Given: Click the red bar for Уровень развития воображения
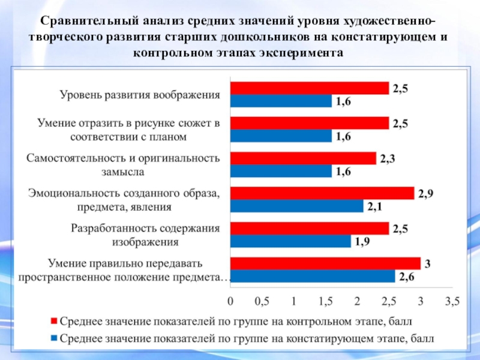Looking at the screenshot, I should pyautogui.click(x=310, y=88).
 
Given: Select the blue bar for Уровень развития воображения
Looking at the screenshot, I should pyautogui.click(x=281, y=101).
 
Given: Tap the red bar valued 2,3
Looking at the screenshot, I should pyautogui.click(x=303, y=158).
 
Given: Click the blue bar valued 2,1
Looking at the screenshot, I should pyautogui.click(x=297, y=206).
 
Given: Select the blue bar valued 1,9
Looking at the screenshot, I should pyautogui.click(x=290, y=241).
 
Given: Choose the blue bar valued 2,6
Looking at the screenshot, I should pyautogui.click(x=313, y=276).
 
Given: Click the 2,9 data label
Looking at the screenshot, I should pyautogui.click(x=425, y=193).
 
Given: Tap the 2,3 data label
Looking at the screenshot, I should pyautogui.click(x=388, y=158).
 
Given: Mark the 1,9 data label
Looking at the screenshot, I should pyautogui.click(x=362, y=242).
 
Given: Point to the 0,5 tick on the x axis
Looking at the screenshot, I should pyautogui.click(x=262, y=299).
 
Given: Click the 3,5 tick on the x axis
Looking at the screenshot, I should pyautogui.click(x=452, y=299).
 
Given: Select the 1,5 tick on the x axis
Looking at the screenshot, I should pyautogui.click(x=325, y=299).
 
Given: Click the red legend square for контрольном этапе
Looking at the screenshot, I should pyautogui.click(x=54, y=322).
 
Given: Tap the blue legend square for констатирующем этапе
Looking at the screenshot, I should pyautogui.click(x=54, y=338).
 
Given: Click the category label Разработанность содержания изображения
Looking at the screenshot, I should pyautogui.click(x=145, y=235).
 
